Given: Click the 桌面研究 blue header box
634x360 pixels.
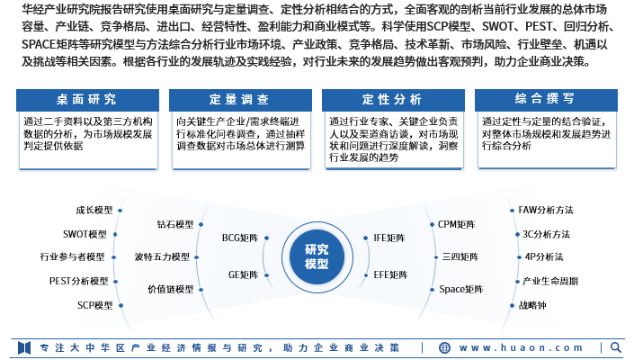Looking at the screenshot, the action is (x=87, y=100).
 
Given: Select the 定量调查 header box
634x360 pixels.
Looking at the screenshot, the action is (x=240, y=100).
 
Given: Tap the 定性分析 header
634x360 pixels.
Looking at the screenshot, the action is (x=393, y=100).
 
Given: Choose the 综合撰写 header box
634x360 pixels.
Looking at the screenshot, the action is (x=546, y=100).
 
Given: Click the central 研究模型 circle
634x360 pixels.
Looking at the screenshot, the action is (x=317, y=256).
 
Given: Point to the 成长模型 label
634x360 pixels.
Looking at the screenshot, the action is (x=94, y=211).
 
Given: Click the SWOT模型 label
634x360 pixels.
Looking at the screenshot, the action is (x=85, y=235).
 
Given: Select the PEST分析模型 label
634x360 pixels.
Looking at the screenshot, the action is (x=79, y=281).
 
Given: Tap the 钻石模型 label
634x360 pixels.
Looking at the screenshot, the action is (x=175, y=224).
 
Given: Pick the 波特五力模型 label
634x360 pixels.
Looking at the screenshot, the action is (x=162, y=257).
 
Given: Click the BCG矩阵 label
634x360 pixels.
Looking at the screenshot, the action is (x=240, y=238).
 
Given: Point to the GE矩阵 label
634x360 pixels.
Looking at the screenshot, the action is (x=244, y=275).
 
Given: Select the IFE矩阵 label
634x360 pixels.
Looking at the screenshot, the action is (x=389, y=238).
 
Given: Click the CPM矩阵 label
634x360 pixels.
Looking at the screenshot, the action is (x=457, y=224).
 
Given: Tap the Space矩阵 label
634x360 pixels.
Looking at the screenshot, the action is (x=461, y=289).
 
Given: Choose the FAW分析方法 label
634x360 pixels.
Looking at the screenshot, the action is (x=546, y=211).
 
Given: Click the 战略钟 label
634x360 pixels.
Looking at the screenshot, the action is (x=532, y=305).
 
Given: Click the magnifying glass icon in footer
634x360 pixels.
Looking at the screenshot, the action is (x=616, y=347).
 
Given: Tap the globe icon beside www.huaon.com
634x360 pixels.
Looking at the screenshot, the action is (x=444, y=348).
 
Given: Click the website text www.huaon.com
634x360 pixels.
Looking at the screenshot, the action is (x=521, y=348).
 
